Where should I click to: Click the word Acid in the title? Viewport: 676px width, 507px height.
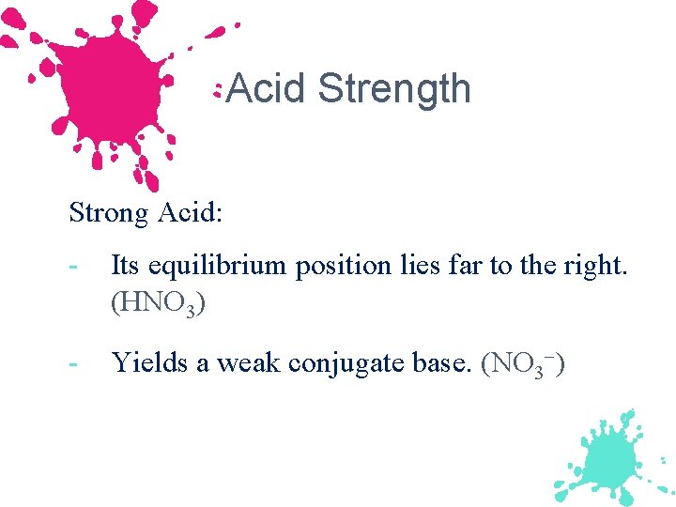[x=267, y=89]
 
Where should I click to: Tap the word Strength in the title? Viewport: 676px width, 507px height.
[x=394, y=89]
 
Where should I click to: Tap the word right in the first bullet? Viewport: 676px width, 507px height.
[x=597, y=267]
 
